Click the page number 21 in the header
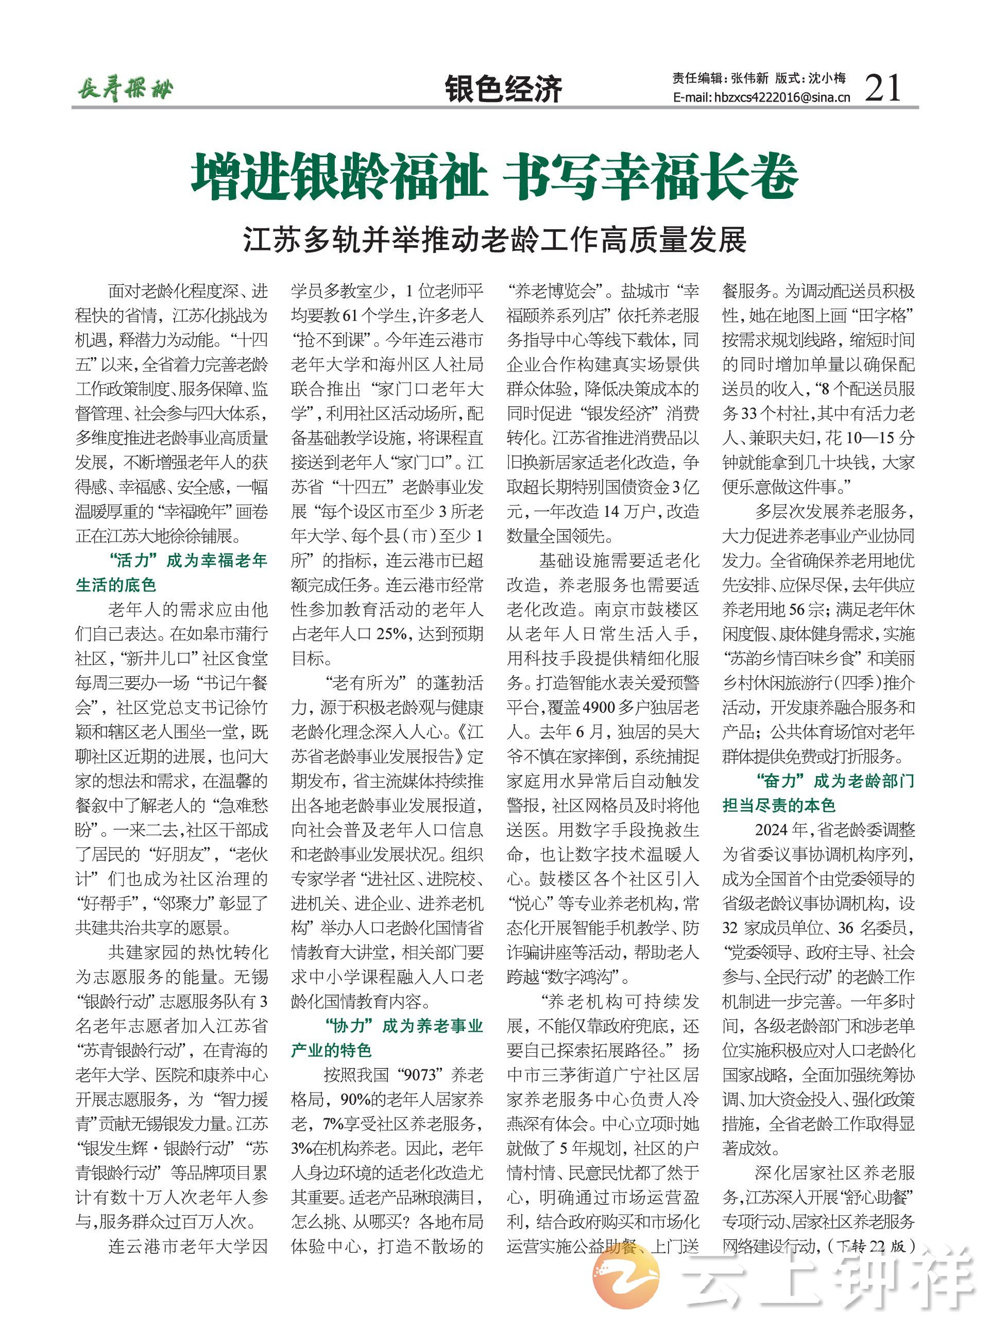coord(883,88)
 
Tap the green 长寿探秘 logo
coord(125,90)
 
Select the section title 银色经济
coord(503,89)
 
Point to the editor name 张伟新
coord(749,78)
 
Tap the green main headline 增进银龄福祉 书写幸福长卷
coord(494,177)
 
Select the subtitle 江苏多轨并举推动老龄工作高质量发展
coord(494,240)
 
